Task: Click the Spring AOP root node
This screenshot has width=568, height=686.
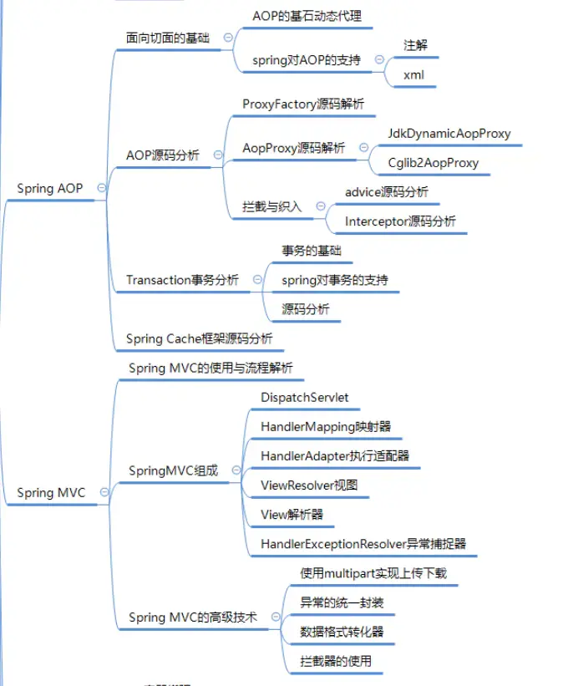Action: coord(50,188)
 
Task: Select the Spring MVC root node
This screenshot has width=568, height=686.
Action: coord(51,493)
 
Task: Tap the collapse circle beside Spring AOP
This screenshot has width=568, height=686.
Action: coord(101,188)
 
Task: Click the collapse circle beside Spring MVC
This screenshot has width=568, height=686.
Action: coord(104,493)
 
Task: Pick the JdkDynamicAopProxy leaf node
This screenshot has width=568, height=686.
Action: coord(449,133)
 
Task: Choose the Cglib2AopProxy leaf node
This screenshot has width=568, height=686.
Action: coord(434,162)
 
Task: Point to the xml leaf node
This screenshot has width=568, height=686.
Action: coord(414,74)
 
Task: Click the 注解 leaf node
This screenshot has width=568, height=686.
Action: coord(415,45)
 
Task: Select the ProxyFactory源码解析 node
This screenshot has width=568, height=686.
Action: coord(302,104)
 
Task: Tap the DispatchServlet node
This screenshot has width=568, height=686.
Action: coord(305,397)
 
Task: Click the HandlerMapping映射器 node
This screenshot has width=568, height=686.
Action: coord(326,426)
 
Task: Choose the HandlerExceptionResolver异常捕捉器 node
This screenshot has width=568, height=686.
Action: coord(363,543)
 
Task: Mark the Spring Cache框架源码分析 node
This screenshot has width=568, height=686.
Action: coord(199,338)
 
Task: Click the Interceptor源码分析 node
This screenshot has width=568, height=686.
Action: coord(401,221)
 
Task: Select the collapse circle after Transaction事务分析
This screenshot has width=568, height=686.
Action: coord(256,280)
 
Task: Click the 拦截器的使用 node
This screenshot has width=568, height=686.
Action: coord(336,661)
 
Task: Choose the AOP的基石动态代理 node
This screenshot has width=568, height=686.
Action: coord(307,16)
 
